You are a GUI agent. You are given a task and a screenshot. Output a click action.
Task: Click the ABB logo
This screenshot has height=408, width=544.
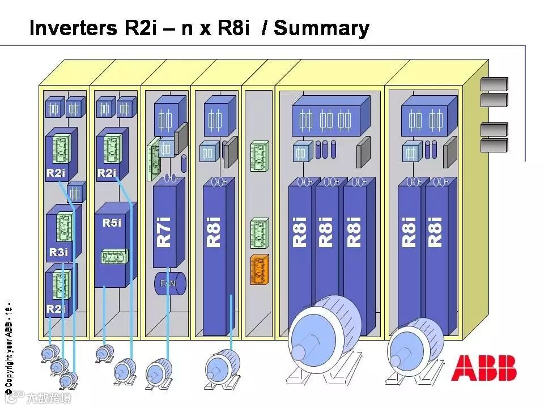coord(483,368)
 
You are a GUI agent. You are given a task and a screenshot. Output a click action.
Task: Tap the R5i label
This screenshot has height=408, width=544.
coord(112,223)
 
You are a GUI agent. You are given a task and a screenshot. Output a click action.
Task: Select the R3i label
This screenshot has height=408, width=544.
coord(58,252)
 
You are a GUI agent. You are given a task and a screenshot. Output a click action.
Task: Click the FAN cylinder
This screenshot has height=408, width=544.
coord(169,283)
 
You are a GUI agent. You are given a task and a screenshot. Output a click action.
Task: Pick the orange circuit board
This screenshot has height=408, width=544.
coord(259,270)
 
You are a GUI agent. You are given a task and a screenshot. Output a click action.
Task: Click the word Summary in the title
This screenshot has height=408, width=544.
coord(321,28)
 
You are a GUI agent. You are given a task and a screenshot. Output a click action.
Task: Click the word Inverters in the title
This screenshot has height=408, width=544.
coord(74,28)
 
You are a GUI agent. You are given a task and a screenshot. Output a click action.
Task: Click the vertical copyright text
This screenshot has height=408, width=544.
coord(8,349)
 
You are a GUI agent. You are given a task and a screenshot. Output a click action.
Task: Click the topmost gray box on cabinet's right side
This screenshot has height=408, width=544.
coord(494,84)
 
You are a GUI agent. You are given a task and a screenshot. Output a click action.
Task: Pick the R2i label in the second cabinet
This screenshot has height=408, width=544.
coord(107,173)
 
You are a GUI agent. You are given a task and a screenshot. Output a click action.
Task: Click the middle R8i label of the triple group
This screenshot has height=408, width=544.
coord(326,231)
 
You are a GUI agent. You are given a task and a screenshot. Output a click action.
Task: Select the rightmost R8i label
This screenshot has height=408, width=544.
coord(435,231)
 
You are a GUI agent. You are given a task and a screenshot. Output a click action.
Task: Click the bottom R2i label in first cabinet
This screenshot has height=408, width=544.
coord(56,309)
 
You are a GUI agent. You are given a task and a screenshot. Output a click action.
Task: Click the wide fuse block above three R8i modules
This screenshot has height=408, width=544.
coord(326,120)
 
